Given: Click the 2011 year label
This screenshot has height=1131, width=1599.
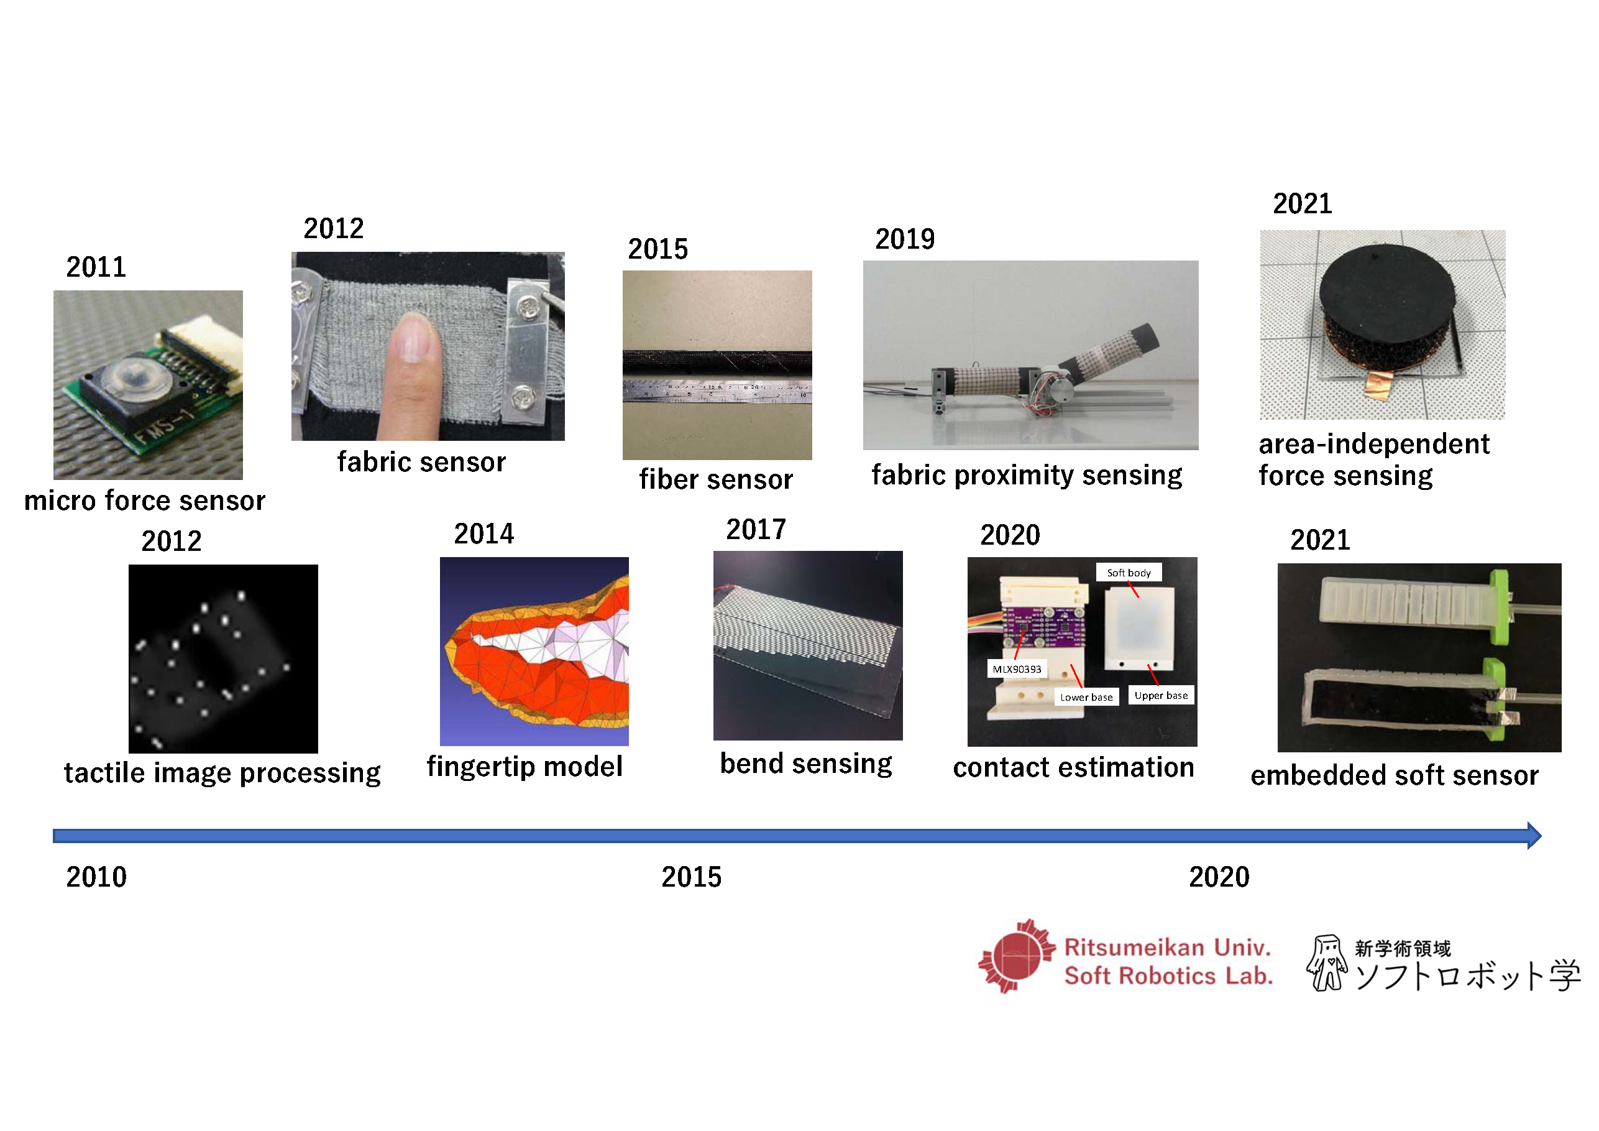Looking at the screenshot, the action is (96, 267).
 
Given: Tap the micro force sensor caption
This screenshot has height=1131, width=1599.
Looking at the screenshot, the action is (145, 501).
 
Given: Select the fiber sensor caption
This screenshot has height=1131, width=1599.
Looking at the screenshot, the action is (716, 479).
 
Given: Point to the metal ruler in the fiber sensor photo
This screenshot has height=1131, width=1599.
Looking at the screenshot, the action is (717, 390).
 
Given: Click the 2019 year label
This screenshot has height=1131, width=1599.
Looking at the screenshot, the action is (905, 239).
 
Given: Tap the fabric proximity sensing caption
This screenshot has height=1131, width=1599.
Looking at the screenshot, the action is (1027, 476).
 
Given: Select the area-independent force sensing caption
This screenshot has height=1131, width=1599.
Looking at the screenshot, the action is (1373, 460).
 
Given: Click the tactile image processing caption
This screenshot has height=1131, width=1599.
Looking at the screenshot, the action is (222, 773).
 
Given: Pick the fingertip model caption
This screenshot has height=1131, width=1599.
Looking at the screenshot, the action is (525, 767).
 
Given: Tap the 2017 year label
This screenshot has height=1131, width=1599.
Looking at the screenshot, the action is (756, 530).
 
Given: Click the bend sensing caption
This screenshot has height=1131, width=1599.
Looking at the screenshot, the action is (806, 764).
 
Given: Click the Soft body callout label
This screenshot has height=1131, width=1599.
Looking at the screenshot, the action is (1129, 573).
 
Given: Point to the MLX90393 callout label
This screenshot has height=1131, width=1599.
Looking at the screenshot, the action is (1017, 669).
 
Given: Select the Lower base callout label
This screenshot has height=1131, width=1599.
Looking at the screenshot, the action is (1086, 697).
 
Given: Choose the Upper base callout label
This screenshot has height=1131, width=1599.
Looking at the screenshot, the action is (1161, 696).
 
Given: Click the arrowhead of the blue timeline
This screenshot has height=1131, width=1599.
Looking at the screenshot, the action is (1534, 836).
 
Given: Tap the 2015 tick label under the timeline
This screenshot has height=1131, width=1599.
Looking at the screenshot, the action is (691, 877).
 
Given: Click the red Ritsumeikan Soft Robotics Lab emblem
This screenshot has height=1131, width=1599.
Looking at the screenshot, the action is (1017, 956).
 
